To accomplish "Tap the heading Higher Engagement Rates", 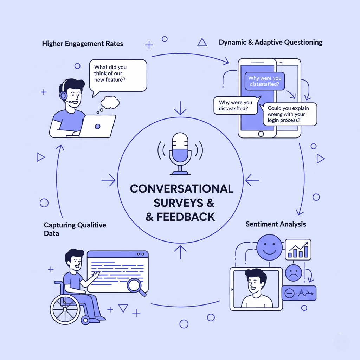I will tap(82, 44).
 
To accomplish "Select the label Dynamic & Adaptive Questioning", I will tap(270, 43).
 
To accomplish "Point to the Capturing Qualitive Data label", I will tap(75, 229).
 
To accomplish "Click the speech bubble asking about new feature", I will tap(118, 75).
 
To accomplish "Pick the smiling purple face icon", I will tap(270, 247).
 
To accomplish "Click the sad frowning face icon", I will tap(294, 272).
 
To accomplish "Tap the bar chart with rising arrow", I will tap(298, 249).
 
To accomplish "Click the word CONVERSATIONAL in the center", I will tap(182, 189).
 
